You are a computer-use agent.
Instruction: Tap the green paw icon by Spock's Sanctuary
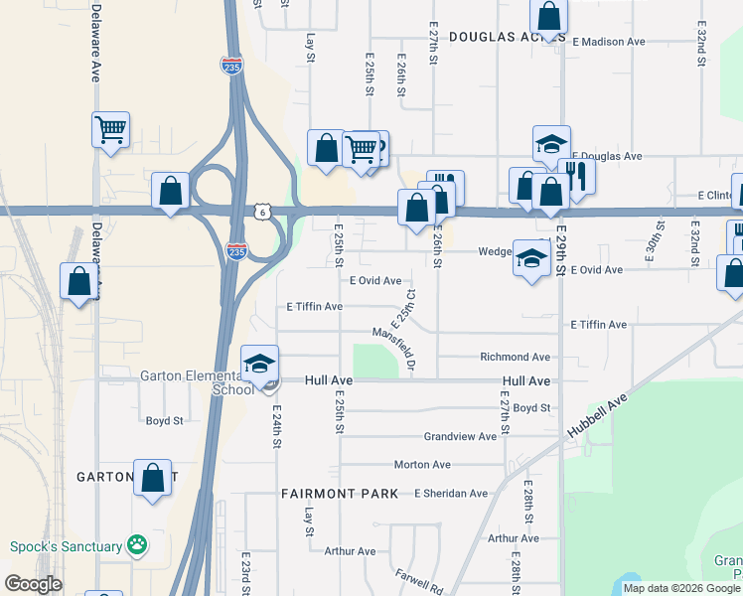click(137, 544)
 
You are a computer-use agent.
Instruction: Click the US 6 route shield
click(261, 212)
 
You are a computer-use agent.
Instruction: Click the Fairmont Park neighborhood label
click(340, 493)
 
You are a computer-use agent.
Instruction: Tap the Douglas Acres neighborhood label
click(507, 37)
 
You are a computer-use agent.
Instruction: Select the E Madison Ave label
click(610, 42)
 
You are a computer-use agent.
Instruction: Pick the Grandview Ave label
click(460, 436)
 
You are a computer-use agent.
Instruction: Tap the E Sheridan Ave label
click(451, 493)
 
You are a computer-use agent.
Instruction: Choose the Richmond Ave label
click(515, 357)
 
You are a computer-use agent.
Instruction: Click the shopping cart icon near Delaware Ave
click(111, 129)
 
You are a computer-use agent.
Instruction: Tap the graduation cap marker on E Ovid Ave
click(531, 258)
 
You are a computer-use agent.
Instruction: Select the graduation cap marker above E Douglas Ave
click(551, 144)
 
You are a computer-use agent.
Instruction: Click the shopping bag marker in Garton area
click(152, 478)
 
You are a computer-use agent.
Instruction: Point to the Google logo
click(32, 584)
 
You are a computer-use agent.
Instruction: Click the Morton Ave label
click(417, 464)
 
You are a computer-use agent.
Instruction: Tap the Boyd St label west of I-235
click(165, 420)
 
